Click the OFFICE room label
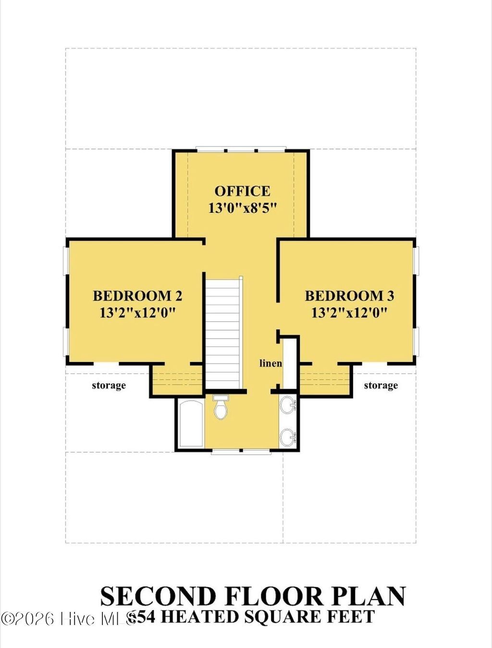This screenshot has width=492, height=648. click(242, 191)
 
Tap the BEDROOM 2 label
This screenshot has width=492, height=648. click(137, 295)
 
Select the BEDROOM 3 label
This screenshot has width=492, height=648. click(349, 295)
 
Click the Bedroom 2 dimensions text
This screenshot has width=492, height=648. click(137, 313)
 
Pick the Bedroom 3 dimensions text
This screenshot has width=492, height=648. click(349, 313)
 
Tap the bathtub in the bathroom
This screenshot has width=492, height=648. click(191, 424)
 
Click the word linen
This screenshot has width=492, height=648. click(271, 363)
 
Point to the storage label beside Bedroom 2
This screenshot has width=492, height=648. click(109, 385)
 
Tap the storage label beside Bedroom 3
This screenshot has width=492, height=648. click(381, 385)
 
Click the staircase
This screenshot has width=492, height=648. click(223, 331)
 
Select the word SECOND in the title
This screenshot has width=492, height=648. click(158, 597)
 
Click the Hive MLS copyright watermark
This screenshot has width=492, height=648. click(67, 619)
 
